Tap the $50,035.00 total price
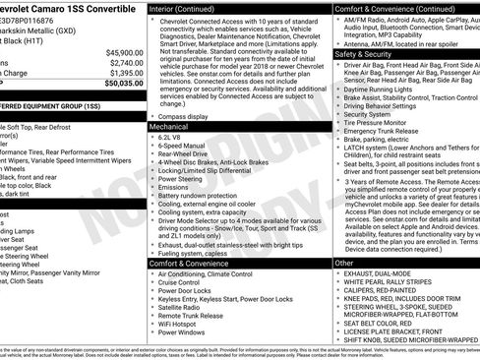coord(122,84)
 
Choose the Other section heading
coord(343,264)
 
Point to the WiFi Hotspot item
coord(177,323)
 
